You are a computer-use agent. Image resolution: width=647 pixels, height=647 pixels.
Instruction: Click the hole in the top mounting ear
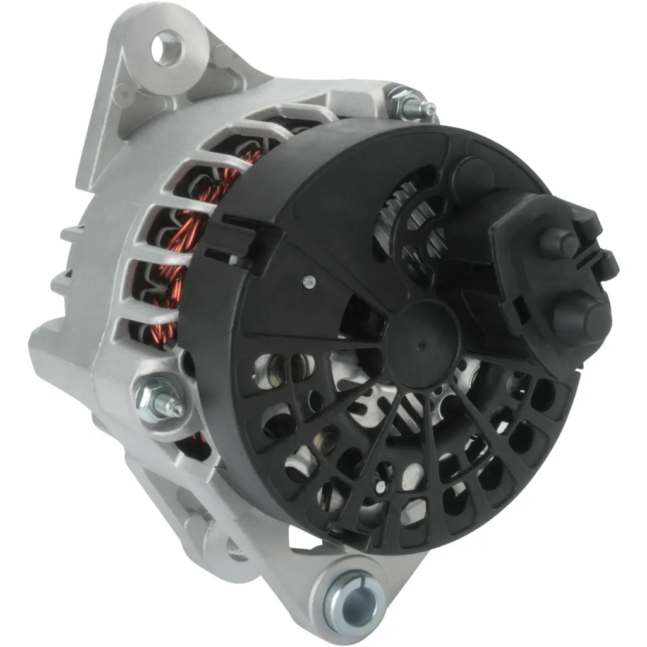coord(168,49)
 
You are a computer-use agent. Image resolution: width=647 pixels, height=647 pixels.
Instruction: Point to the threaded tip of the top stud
coord(429,110)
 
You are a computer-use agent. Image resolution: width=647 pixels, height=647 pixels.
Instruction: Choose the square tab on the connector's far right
coord(607,266)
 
